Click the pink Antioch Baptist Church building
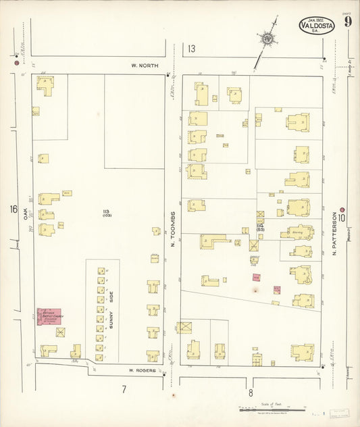49,316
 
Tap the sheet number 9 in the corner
346,23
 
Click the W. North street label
143,66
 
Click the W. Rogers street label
143,370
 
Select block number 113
106,213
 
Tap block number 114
259,226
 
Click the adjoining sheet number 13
192,49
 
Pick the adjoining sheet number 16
14,209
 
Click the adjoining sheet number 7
124,390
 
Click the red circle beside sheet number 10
342,209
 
